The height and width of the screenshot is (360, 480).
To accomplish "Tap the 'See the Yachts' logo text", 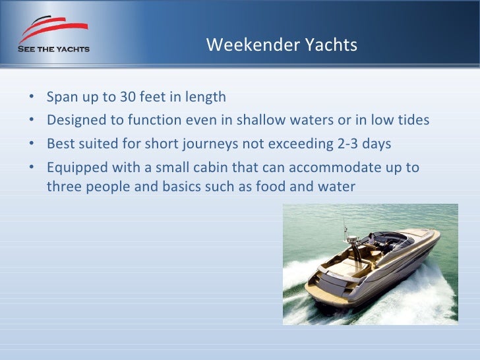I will tap(53, 49).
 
